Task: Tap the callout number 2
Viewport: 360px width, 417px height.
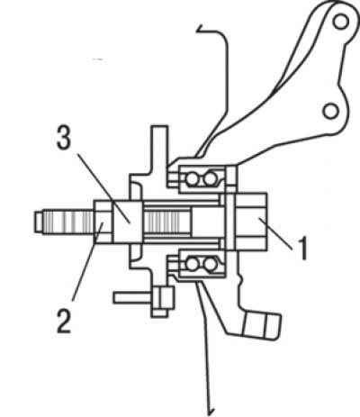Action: click(64, 322)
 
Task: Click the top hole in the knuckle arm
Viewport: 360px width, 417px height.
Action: click(340, 22)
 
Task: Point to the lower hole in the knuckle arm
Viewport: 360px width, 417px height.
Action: click(331, 111)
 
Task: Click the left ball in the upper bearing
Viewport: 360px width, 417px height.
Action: click(192, 179)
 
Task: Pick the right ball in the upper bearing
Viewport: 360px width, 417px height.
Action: click(210, 179)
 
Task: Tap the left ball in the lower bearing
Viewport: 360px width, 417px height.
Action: click(192, 264)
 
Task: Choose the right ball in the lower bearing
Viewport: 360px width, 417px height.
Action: click(210, 264)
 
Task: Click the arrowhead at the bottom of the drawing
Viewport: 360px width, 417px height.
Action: click(211, 412)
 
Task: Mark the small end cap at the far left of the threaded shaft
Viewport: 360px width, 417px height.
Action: click(39, 222)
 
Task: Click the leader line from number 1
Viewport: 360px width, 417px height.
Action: click(275, 233)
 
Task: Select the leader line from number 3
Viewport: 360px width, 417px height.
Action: click(104, 188)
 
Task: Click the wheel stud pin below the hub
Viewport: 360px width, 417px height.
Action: click(132, 298)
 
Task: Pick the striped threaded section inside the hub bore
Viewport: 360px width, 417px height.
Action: click(166, 222)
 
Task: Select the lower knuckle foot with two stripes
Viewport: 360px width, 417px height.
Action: click(261, 325)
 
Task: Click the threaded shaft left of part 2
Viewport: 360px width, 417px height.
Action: click(68, 222)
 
